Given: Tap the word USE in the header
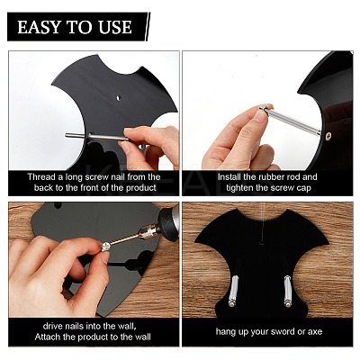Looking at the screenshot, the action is pos(115,27).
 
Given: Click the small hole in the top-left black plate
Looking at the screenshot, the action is pos(119,98).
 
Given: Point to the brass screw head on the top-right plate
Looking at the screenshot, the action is pos(329,136).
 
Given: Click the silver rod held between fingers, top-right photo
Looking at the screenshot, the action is pos(290,120).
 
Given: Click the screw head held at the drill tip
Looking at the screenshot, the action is pos(105,247).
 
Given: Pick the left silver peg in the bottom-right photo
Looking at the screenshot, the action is pos(233,291).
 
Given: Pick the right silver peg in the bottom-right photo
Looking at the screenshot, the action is pos(287,292).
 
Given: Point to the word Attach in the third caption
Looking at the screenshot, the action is pos(49,337).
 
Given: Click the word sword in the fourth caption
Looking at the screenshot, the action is pos(283,331).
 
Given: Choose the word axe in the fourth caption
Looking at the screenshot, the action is pos(315,332).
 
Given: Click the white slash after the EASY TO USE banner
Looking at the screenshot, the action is pos(148,27).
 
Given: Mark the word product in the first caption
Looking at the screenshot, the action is pos(141,188).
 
